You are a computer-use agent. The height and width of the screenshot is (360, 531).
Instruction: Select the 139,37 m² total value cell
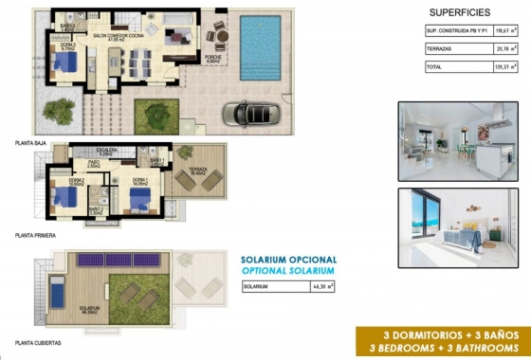click(506, 67)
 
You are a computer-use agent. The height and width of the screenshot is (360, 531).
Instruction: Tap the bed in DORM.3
click(64, 63)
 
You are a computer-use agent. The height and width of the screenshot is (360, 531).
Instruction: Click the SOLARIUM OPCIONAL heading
click(288, 259)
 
